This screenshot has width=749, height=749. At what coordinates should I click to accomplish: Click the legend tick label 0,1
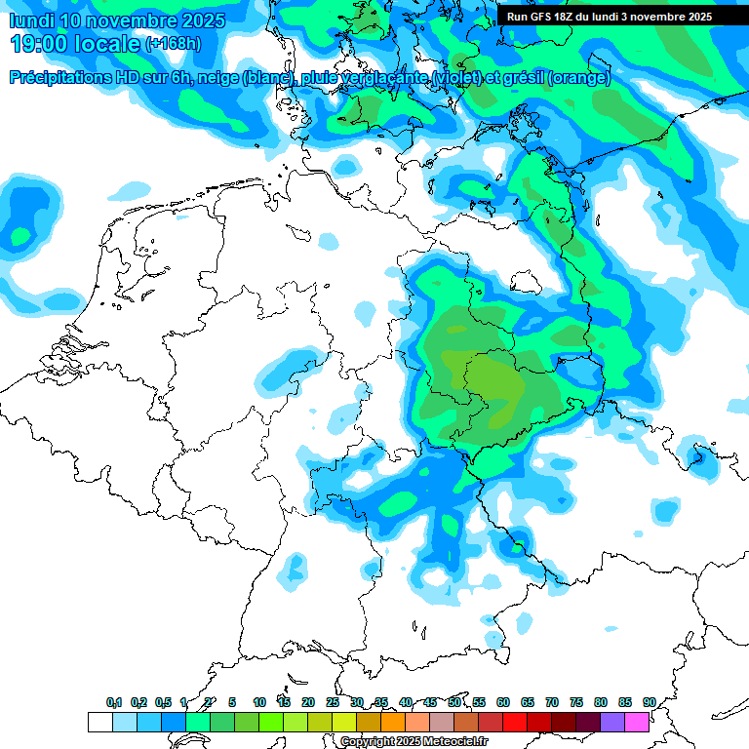pos(114,702)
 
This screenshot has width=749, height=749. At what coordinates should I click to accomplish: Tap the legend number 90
pos(649,702)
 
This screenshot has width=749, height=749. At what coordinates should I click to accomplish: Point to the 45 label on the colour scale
pos(430,702)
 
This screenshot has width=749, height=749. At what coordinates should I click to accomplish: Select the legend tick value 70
pos(552,702)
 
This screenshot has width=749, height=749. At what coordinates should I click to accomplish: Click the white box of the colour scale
pos(99,722)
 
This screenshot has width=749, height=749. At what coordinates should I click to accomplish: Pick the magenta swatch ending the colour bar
pos(637,722)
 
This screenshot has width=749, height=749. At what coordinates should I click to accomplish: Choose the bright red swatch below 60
pos(515,722)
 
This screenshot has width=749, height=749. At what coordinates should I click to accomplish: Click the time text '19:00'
pos(44,44)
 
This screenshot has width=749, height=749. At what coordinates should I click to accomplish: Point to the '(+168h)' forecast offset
pos(173,45)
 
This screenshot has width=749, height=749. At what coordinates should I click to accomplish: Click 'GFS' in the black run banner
pos(541,17)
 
